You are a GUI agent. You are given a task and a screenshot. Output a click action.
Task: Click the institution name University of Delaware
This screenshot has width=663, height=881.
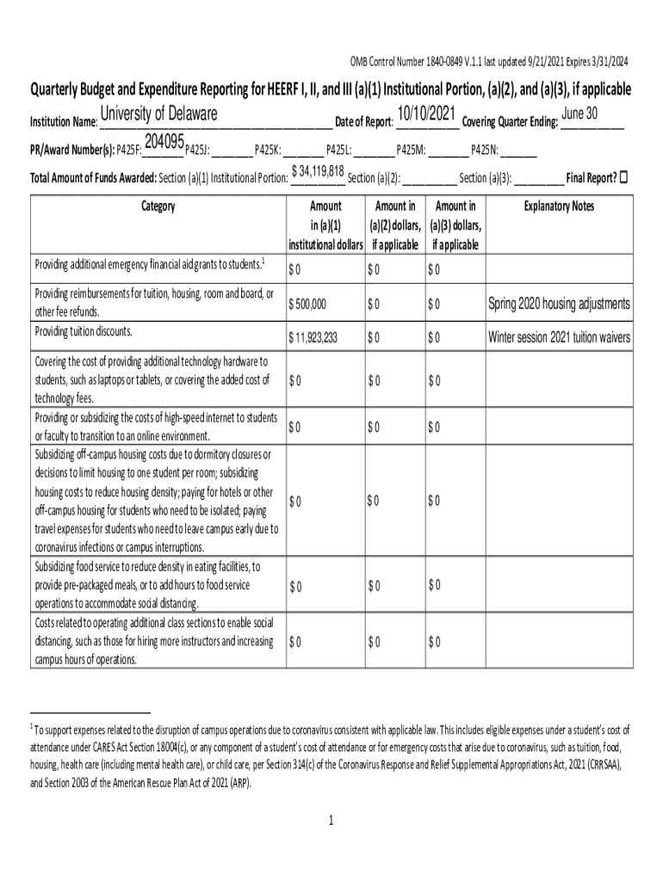(x=159, y=115)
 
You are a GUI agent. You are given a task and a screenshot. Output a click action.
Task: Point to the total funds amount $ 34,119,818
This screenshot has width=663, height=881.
(x=319, y=171)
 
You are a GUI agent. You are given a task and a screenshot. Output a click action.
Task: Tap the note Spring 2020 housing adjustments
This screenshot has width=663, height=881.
(x=559, y=304)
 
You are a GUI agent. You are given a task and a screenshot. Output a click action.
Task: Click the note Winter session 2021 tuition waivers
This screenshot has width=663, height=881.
(x=559, y=336)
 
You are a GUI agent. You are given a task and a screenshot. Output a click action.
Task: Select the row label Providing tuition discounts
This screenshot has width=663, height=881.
(x=84, y=331)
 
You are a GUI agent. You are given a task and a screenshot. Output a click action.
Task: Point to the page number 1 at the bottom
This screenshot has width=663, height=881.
(x=331, y=820)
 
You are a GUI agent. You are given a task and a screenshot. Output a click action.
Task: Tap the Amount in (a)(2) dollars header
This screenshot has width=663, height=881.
(x=395, y=225)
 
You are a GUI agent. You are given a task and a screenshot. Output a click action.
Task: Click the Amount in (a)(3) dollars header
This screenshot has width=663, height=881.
(x=455, y=225)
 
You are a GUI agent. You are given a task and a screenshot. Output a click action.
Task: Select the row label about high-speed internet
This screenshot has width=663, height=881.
(x=155, y=427)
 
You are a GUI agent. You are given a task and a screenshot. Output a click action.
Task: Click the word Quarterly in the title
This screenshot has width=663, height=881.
(x=61, y=90)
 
